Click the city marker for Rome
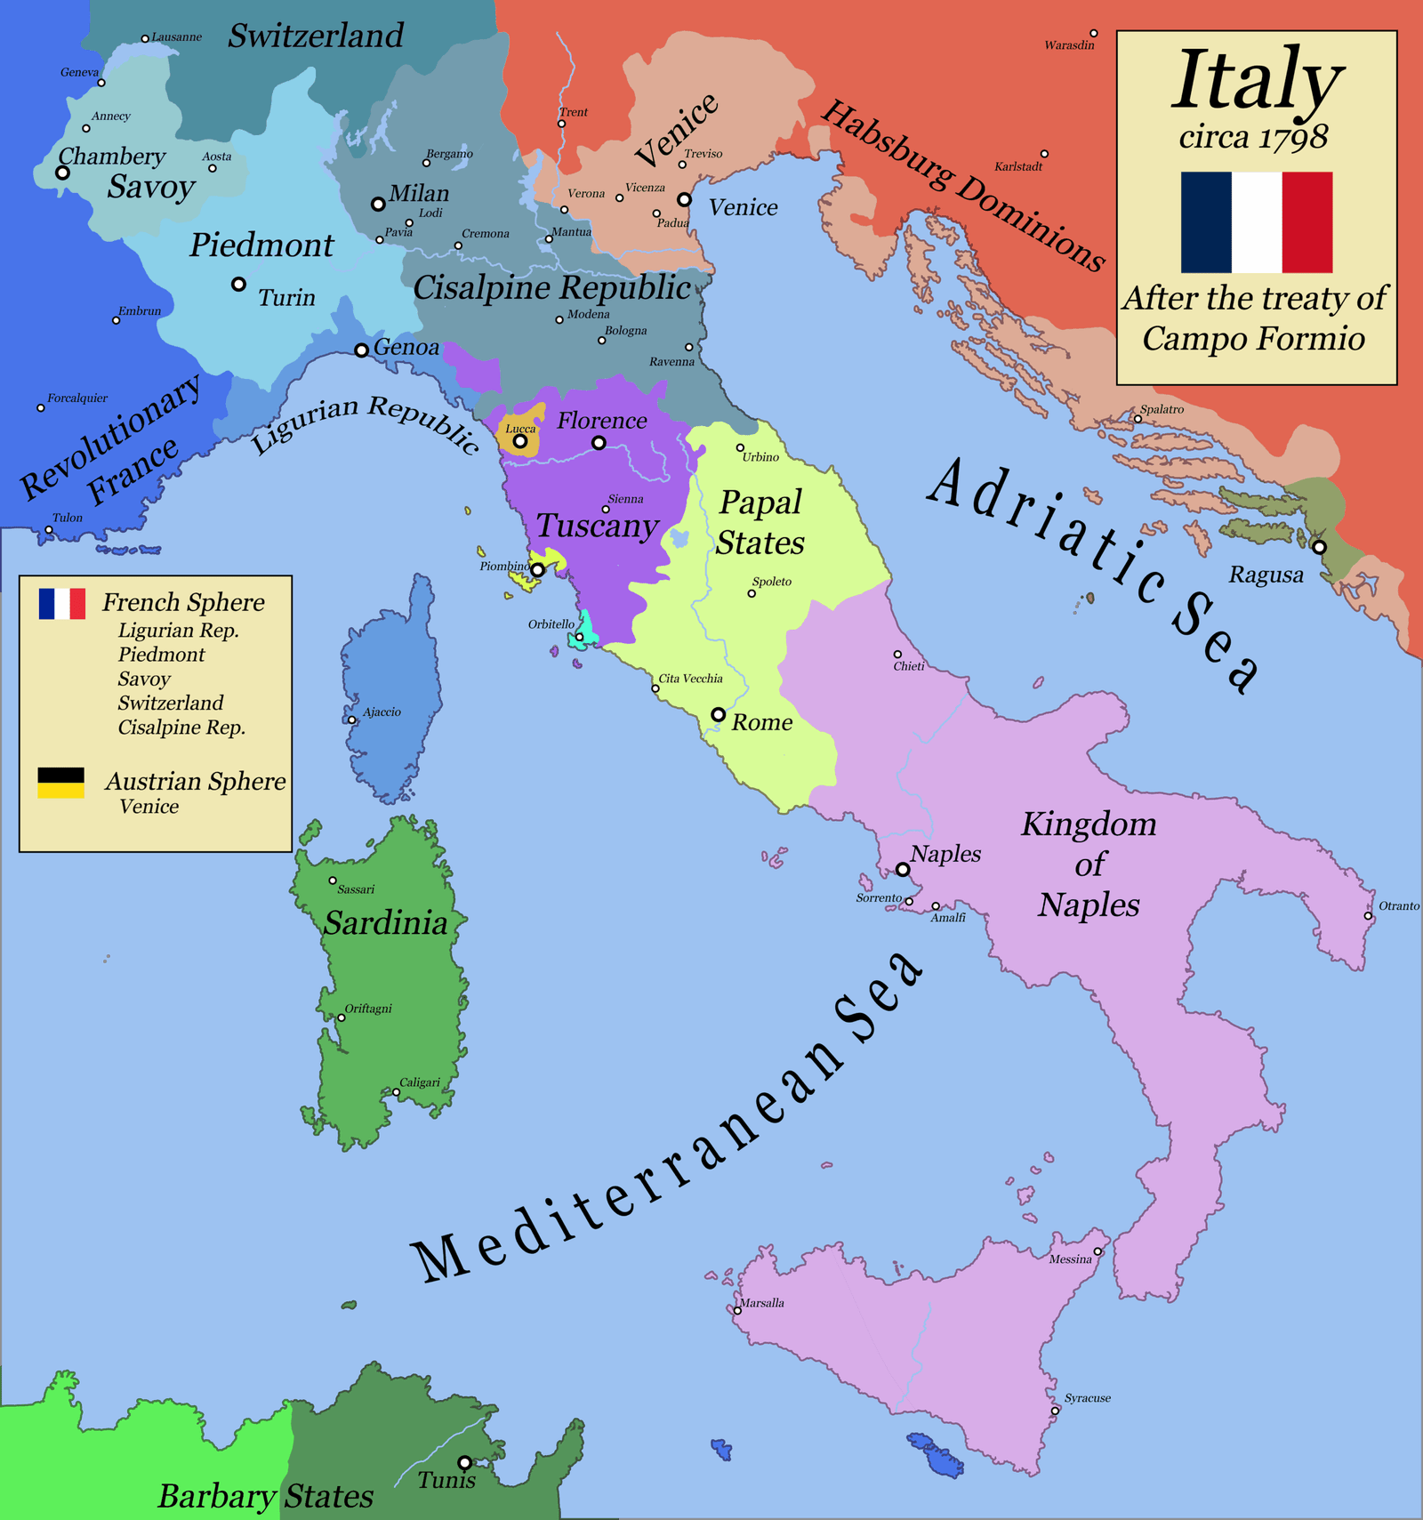tap(718, 714)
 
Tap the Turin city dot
tap(238, 285)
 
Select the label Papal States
tap(760, 522)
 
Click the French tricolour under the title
tap(1256, 222)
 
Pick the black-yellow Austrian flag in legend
tap(60, 783)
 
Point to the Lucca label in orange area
tap(520, 429)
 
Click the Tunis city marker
tap(464, 1462)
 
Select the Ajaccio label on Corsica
tap(382, 712)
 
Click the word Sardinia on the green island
tap(385, 923)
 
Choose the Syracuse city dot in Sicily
tap(1055, 1411)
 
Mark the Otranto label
tap(1398, 906)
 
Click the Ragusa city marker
tap(1319, 547)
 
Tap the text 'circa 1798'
tap(1253, 137)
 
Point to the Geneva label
tap(79, 72)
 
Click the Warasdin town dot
tap(1094, 34)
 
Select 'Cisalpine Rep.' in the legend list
tap(181, 728)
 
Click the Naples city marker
tap(902, 869)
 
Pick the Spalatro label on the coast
tap(1162, 409)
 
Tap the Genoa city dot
tap(361, 350)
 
